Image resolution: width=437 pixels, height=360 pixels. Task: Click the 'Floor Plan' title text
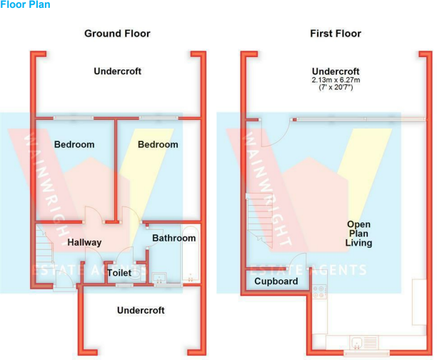click(25, 5)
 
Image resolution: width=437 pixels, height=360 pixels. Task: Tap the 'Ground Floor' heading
click(117, 34)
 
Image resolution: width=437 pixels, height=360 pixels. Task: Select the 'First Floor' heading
click(336, 34)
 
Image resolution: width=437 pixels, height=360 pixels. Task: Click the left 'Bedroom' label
click(74, 144)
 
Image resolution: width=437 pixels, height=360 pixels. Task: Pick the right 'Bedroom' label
click(158, 144)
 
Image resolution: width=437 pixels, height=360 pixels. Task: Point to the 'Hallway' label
click(84, 242)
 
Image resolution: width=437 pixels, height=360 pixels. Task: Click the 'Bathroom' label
click(174, 238)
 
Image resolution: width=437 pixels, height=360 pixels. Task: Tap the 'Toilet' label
click(119, 273)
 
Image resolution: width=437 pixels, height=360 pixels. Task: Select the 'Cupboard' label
click(276, 281)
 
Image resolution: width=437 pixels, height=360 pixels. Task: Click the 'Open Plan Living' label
click(358, 234)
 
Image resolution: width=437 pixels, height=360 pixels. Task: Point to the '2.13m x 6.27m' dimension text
click(336, 80)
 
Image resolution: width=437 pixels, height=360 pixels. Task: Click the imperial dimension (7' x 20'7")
click(336, 88)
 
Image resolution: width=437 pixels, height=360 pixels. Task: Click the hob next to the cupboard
click(320, 291)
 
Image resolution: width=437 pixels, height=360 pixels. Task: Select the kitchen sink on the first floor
click(367, 340)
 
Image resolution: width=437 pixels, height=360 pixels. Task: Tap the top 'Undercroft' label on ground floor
click(118, 71)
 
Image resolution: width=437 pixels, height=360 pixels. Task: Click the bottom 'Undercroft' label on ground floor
click(141, 310)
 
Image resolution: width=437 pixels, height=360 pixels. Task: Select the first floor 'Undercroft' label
click(336, 71)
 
